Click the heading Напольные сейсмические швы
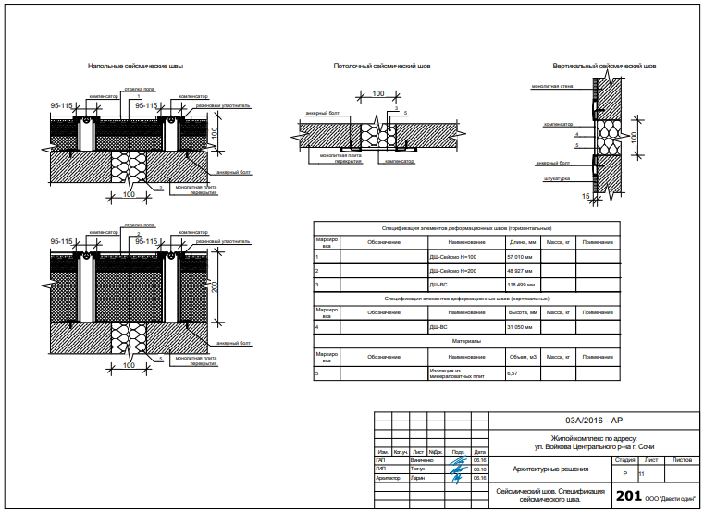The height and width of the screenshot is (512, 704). [x=135, y=67]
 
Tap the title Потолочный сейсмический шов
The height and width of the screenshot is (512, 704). [x=382, y=67]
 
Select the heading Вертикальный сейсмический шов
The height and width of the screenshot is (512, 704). [x=604, y=67]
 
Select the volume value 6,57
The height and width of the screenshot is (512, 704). [x=513, y=374]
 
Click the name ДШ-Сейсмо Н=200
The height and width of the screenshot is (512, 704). [x=452, y=270]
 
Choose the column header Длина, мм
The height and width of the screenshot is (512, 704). [x=522, y=242]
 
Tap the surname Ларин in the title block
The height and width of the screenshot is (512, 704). [x=418, y=478]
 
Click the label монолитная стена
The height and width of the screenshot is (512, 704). [x=552, y=86]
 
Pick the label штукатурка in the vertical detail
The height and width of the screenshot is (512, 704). [x=557, y=179]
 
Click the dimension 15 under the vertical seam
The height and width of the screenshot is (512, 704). [x=587, y=196]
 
